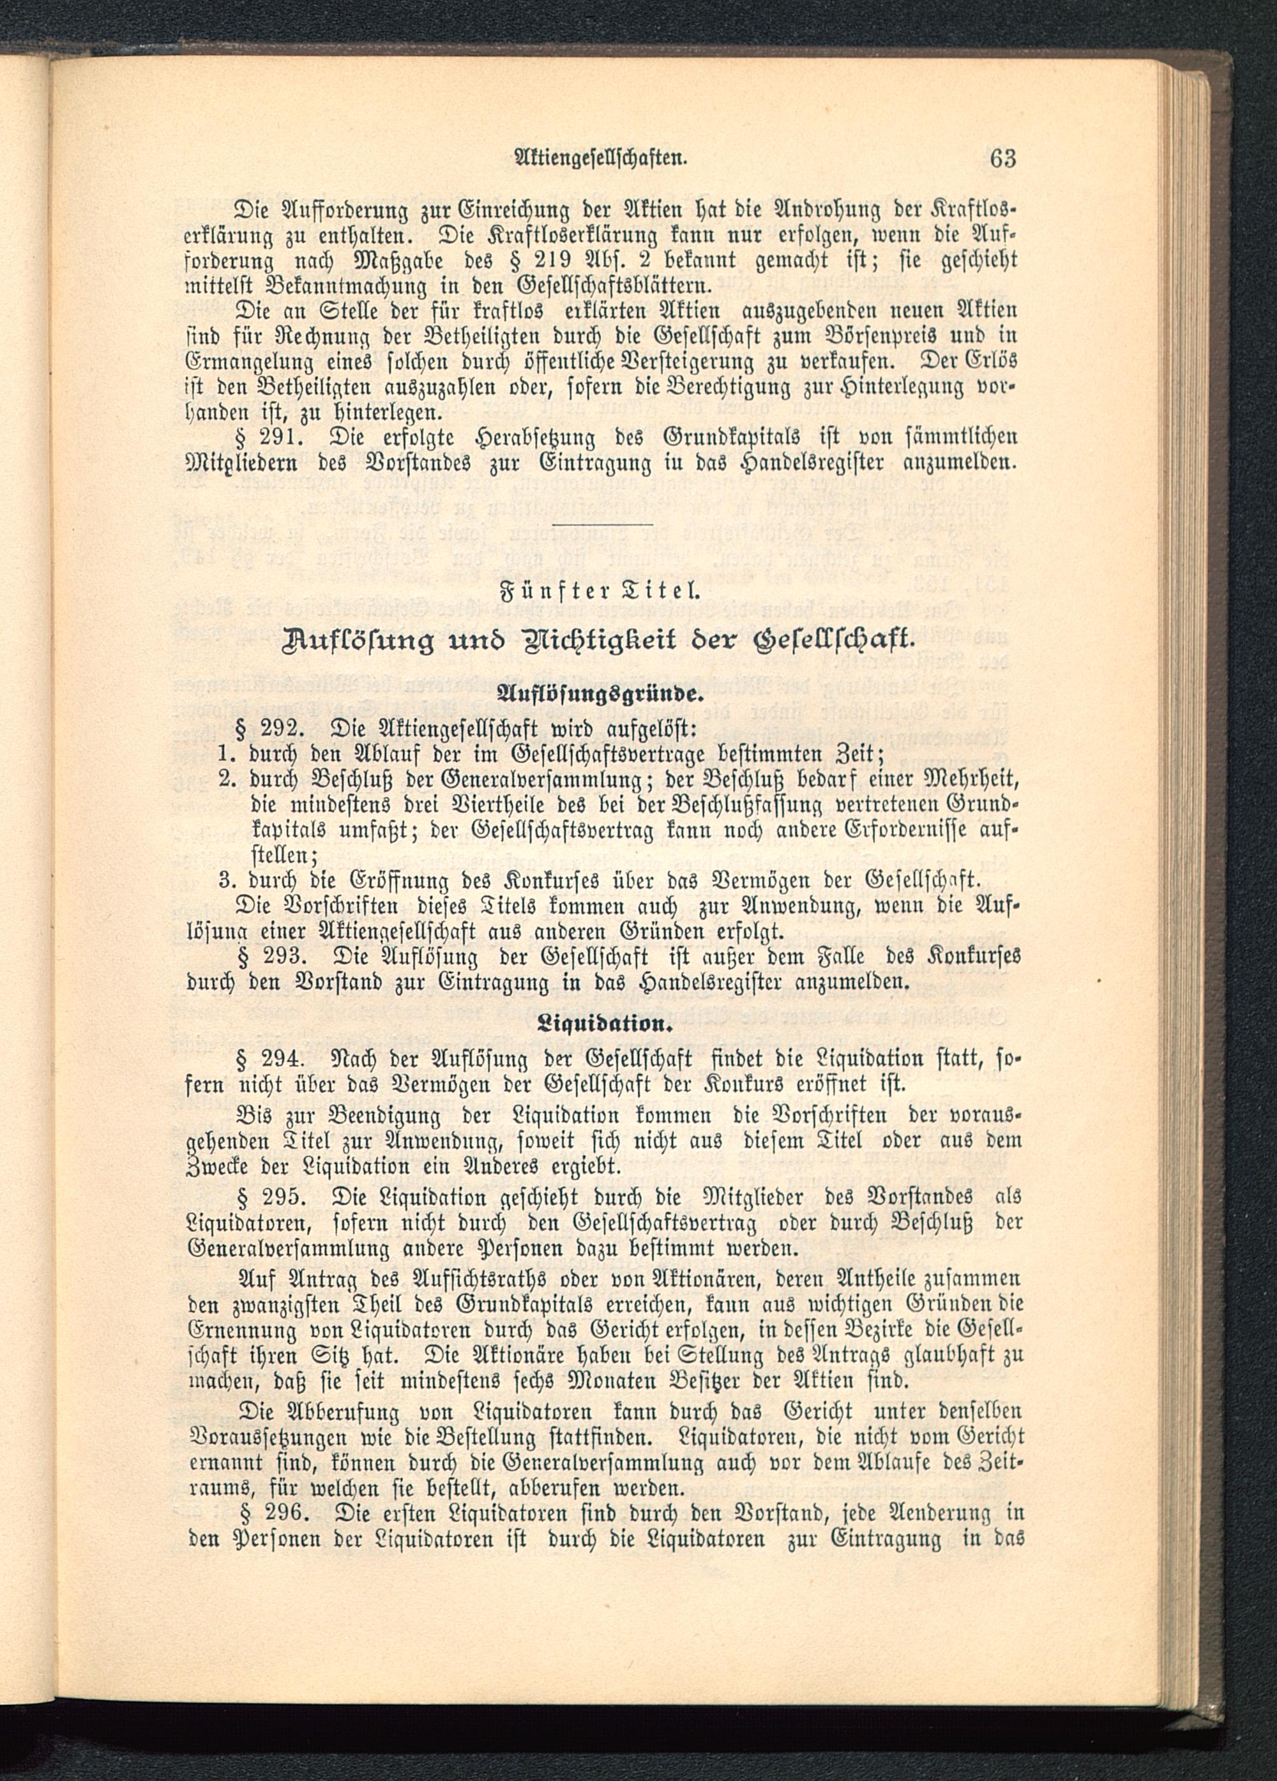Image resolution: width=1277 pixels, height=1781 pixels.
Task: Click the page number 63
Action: (x=1003, y=158)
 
